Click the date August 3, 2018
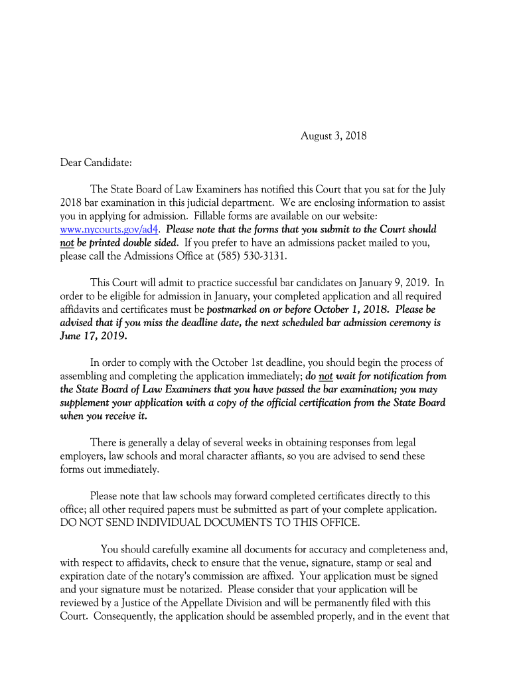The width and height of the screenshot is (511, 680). [x=333, y=136]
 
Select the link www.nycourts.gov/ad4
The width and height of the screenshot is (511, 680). [x=110, y=229]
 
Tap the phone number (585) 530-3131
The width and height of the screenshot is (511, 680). [x=255, y=256]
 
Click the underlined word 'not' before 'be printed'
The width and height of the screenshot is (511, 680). [x=67, y=242]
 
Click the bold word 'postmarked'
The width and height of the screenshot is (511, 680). [x=234, y=309]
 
